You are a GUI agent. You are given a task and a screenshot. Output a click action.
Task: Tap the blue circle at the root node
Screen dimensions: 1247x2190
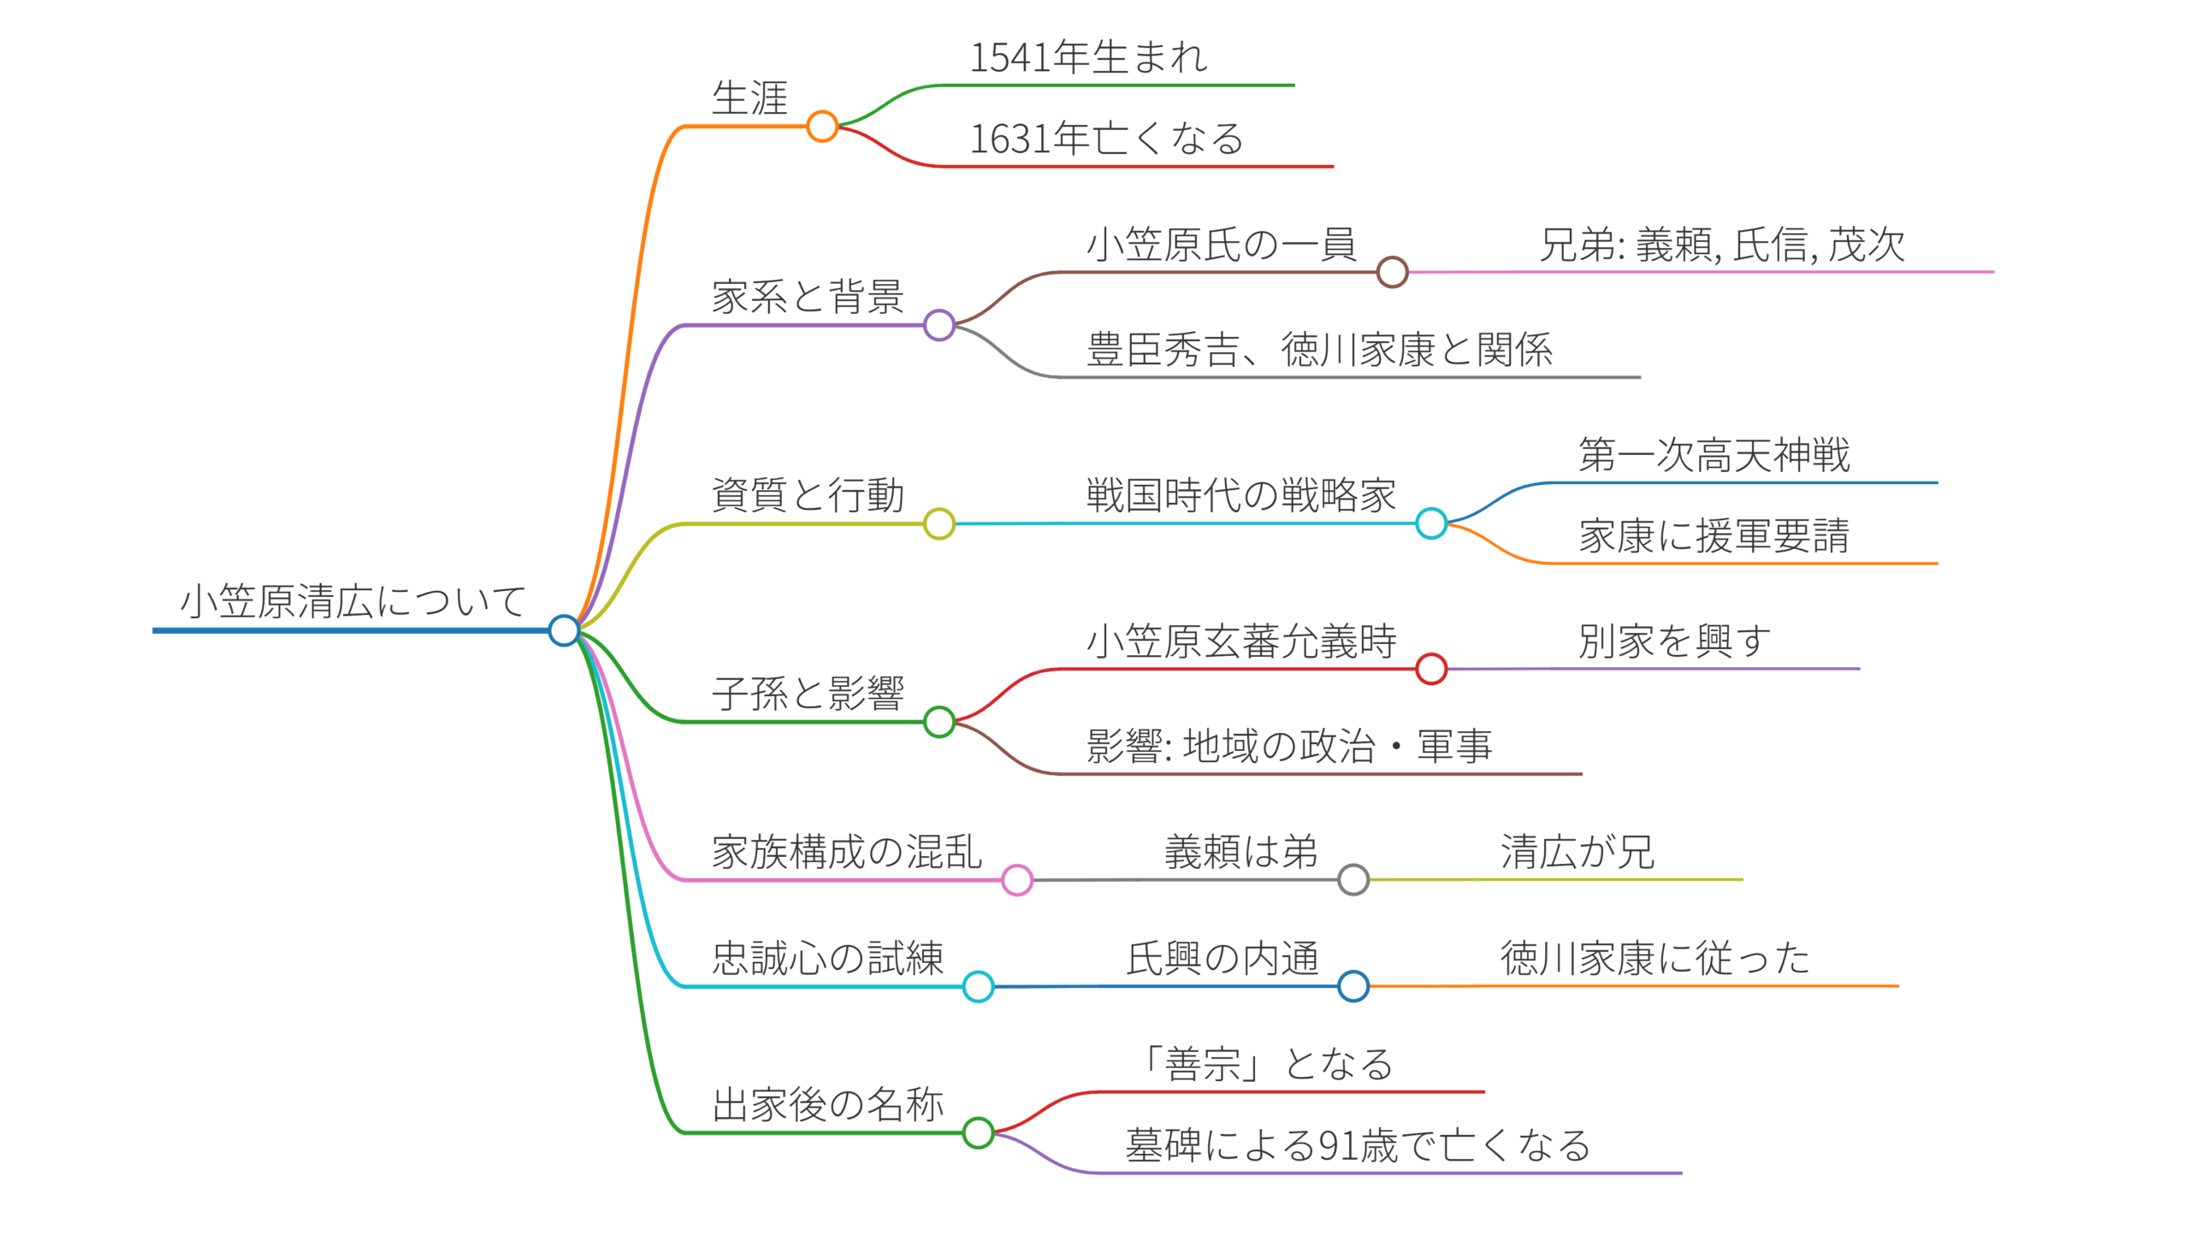click(x=564, y=630)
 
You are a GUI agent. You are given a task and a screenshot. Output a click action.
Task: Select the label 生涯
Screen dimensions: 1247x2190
click(x=749, y=98)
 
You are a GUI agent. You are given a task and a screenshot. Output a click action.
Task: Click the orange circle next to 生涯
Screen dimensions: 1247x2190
click(x=822, y=127)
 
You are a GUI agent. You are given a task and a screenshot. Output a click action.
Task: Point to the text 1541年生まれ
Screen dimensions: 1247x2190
click(x=1087, y=57)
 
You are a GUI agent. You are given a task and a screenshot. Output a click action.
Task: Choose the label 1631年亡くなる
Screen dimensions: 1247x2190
click(x=1106, y=139)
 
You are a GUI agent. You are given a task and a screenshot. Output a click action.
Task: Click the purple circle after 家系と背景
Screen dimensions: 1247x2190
click(x=938, y=326)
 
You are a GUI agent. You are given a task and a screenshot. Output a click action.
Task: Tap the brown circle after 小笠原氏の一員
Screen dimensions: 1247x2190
click(x=1392, y=272)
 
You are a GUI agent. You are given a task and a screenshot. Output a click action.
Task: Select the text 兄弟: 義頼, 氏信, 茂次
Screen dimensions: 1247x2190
click(x=1721, y=245)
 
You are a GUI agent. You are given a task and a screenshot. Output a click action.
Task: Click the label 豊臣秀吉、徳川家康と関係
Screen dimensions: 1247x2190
click(x=1319, y=350)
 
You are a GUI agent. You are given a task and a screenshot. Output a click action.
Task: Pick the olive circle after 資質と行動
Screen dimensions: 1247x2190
click(x=938, y=523)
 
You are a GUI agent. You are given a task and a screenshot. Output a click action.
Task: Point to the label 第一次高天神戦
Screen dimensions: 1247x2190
click(x=1714, y=455)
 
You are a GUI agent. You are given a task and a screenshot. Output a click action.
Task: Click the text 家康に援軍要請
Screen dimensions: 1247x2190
click(x=1714, y=536)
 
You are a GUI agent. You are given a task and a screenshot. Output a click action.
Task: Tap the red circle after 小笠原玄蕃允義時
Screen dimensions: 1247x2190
click(x=1431, y=669)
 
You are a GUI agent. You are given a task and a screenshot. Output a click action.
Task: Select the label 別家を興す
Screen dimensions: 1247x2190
click(x=1674, y=641)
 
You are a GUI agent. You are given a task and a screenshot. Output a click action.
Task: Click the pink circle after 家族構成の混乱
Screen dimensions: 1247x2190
click(x=1016, y=879)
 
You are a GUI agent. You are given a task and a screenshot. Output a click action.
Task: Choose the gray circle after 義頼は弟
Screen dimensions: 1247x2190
click(x=1352, y=879)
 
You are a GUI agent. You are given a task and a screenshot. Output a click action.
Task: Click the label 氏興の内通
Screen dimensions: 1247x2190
click(x=1222, y=959)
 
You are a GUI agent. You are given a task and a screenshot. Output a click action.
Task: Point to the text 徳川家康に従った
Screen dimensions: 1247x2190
click(x=1654, y=959)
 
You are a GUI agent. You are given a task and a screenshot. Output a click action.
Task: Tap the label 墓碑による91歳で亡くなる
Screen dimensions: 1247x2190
click(x=1358, y=1146)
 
